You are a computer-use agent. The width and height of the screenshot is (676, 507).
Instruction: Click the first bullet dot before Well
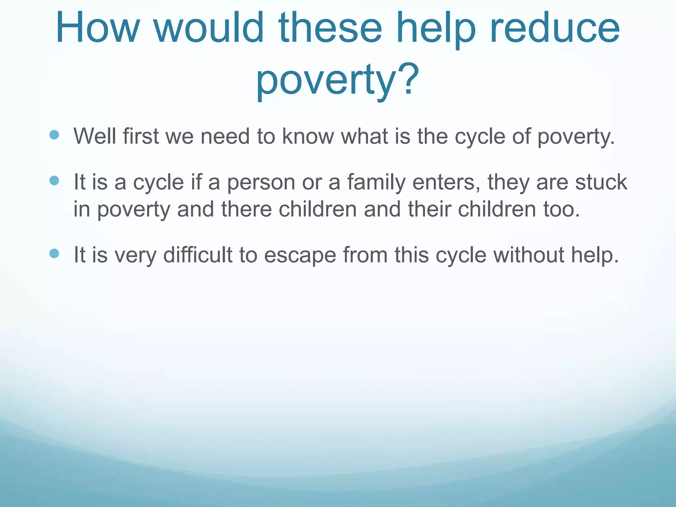(x=54, y=134)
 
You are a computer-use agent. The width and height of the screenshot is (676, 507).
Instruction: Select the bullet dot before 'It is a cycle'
(x=54, y=181)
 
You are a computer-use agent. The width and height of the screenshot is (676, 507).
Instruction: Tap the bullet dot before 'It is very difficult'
(x=54, y=253)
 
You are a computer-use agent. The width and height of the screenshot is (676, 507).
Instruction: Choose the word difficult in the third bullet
(x=198, y=255)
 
